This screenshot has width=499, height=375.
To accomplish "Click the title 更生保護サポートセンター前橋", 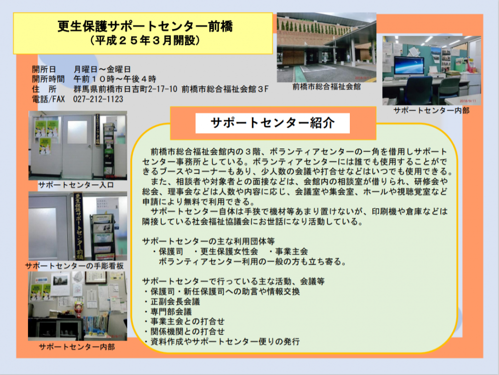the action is (145, 26).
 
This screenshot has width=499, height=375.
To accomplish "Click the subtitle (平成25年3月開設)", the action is (145, 40).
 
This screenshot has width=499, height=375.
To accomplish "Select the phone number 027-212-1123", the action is (98, 99).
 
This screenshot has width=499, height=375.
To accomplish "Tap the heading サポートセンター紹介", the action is (272, 123).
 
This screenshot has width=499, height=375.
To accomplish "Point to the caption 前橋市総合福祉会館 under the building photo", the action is (326, 86).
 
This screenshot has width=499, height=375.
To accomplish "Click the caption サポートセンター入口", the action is (76, 185).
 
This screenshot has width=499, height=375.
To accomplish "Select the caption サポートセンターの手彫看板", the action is (74, 266).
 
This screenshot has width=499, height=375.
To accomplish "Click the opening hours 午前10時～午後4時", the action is (115, 79).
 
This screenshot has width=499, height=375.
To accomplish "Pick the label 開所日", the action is (44, 69).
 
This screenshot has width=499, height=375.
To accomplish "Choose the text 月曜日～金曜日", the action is (102, 69).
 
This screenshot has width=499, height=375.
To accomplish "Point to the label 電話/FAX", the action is (48, 99).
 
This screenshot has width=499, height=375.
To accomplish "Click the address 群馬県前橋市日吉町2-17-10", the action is (125, 89).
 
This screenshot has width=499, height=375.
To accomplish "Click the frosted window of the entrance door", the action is (77, 132).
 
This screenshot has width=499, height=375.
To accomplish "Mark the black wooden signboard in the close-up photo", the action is (78, 226).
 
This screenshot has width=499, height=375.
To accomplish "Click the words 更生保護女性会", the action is (229, 252).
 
